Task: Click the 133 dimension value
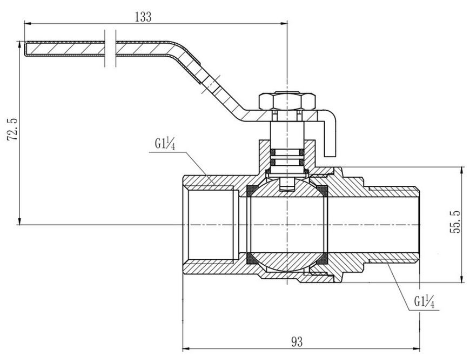143,17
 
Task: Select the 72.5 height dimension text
12,129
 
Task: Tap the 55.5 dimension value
454,222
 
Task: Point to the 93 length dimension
297,341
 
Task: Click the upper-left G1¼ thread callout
165,144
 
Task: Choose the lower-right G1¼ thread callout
424,301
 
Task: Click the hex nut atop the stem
287,100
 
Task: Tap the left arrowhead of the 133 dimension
28,23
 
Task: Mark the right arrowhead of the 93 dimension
416,348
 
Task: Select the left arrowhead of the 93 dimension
186,348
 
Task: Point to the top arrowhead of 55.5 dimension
461,171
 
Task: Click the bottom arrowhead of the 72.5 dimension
20,221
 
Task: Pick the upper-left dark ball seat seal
251,191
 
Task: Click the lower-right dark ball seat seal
322,259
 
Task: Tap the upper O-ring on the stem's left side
273,153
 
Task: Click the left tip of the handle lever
24,49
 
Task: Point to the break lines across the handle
110,48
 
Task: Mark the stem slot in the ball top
287,184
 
